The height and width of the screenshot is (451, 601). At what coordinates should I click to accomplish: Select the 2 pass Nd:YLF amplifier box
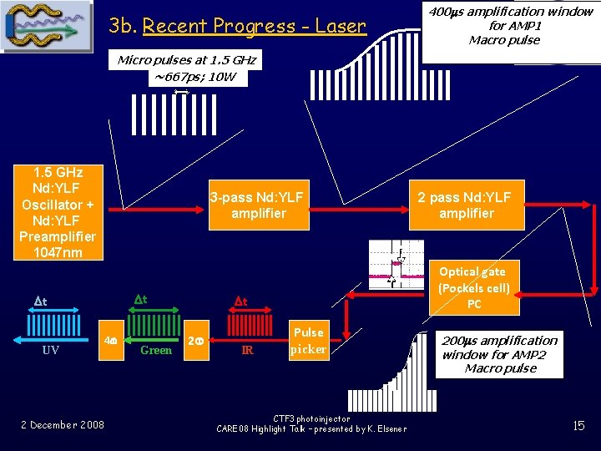click(466, 205)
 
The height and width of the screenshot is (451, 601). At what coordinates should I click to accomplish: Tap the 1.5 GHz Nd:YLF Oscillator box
click(57, 212)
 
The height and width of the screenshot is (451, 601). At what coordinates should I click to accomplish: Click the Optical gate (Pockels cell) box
click(473, 287)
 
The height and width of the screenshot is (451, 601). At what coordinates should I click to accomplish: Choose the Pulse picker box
click(308, 341)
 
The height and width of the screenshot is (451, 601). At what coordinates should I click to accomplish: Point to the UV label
click(50, 351)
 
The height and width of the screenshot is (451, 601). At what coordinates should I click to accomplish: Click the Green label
click(156, 351)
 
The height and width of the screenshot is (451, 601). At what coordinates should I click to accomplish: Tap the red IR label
click(247, 351)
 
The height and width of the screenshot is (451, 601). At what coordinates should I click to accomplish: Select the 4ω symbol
click(108, 341)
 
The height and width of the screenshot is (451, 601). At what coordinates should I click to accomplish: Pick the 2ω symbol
click(194, 341)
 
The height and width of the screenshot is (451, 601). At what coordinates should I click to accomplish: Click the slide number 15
click(578, 426)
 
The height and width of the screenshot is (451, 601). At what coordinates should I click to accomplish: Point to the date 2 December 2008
click(63, 425)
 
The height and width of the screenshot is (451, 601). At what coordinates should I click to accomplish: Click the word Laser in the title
click(341, 26)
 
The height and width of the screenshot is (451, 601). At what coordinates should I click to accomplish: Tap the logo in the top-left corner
click(48, 27)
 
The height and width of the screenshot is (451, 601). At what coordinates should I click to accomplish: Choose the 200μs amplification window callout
click(499, 354)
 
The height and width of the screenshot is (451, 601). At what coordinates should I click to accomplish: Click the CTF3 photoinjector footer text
click(311, 423)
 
